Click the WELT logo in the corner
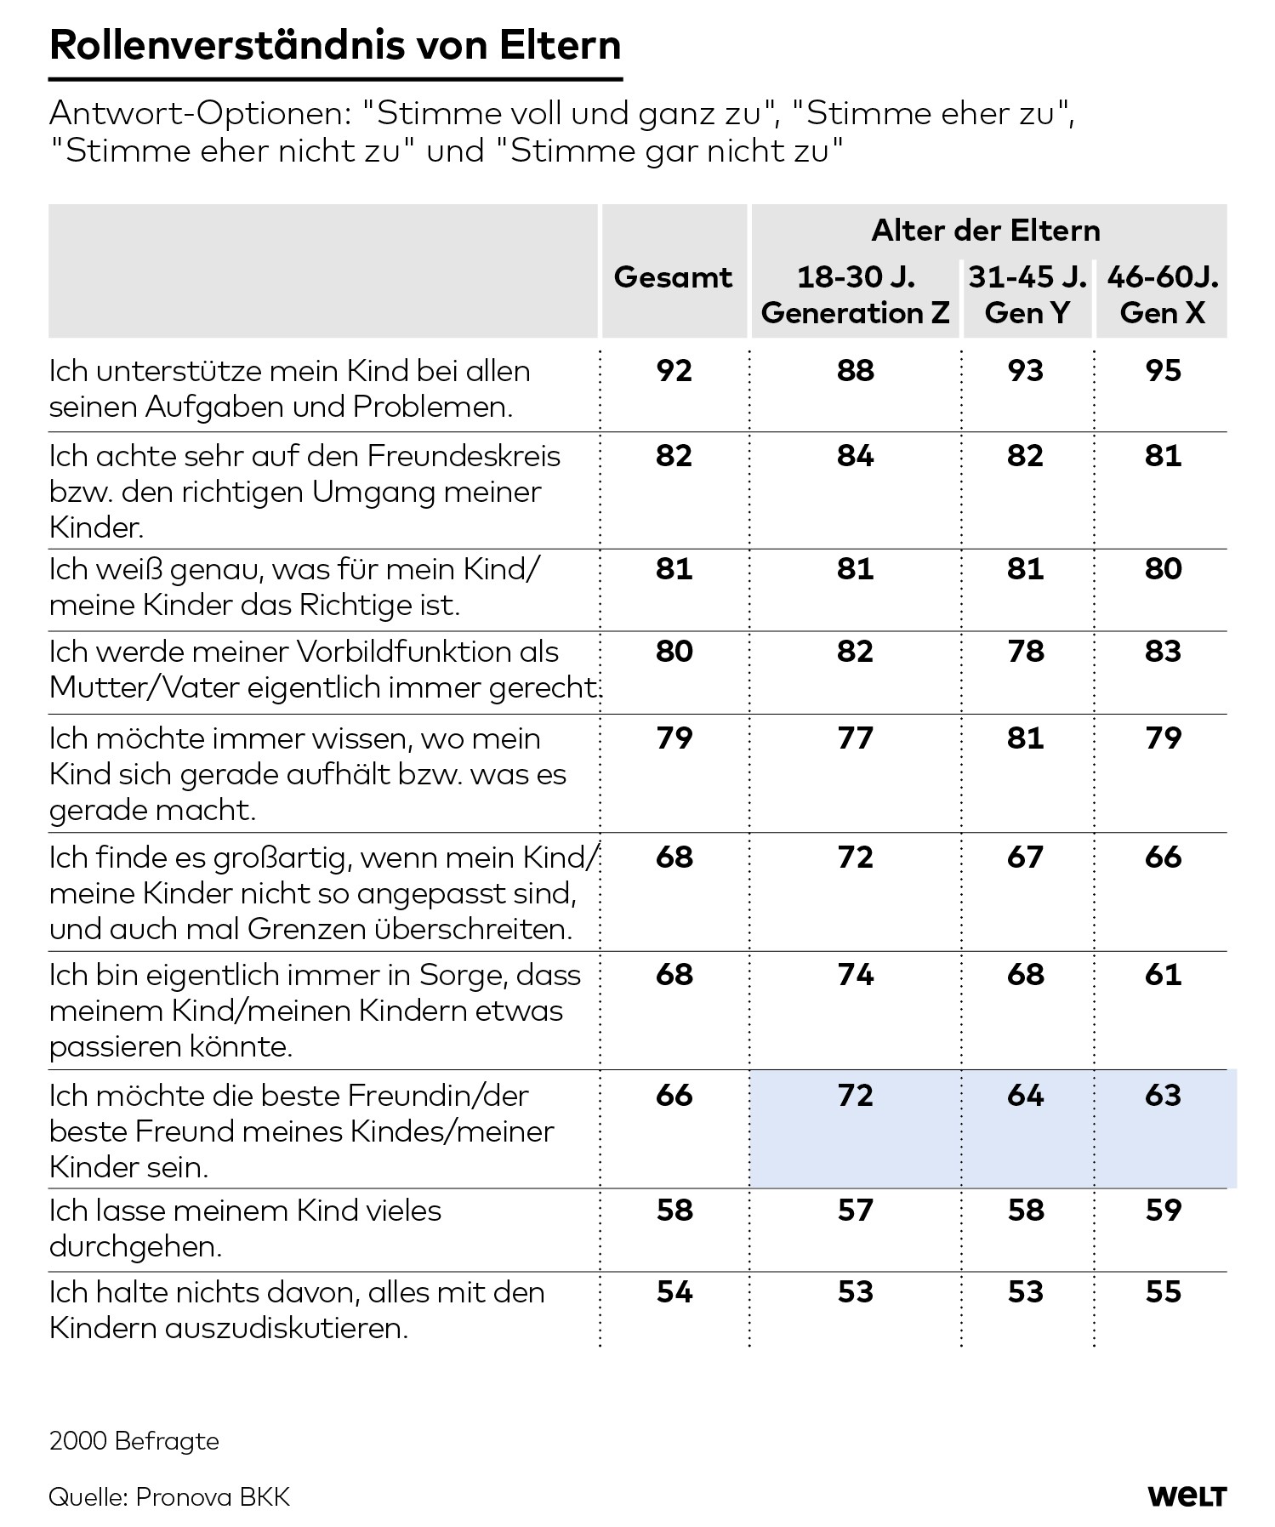pos(1187,1496)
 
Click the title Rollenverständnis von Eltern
pos(335,46)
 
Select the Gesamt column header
pos(673,277)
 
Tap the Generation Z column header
pos(855,295)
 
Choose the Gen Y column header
pos(1027,295)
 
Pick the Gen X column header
pos(1162,295)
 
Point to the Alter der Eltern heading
pos(986,231)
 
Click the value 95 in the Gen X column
pos(1163,371)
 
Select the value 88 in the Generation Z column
pos(855,371)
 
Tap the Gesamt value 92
pos(674,371)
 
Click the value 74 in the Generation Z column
pos(855,974)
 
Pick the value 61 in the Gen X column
pos(1163,974)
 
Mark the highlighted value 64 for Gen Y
pos(1025,1095)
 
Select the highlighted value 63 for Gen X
pos(1163,1095)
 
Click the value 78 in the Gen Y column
pos(1025,652)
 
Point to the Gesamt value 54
pos(674,1292)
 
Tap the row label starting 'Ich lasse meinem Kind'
pos(245,1228)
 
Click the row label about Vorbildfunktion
pos(323,669)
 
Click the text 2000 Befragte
pos(134,1441)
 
